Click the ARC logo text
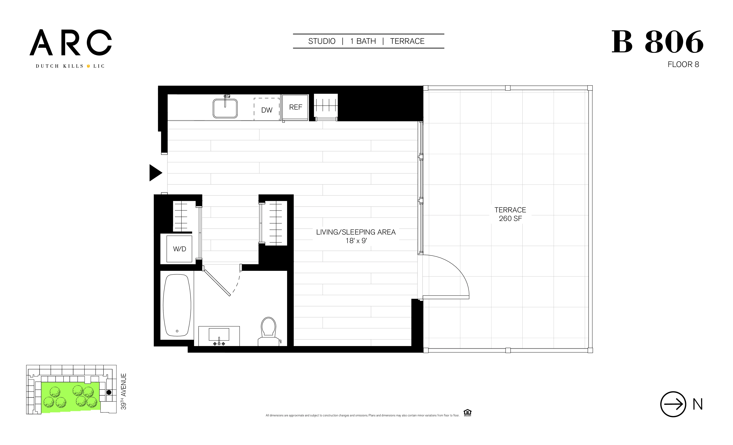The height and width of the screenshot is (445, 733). (x=71, y=43)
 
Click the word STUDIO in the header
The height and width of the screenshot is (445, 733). (x=322, y=41)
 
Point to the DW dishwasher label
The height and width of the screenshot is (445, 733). (x=266, y=110)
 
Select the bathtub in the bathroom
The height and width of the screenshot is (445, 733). (x=177, y=305)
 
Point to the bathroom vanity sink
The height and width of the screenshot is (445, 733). (x=219, y=335)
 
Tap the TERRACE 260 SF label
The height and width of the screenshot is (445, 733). (x=510, y=214)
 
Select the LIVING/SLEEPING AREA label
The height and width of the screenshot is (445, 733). (x=356, y=236)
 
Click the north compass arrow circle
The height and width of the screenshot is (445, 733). (x=673, y=404)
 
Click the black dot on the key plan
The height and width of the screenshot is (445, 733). (x=109, y=392)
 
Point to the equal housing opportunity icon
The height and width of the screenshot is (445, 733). (x=467, y=413)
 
